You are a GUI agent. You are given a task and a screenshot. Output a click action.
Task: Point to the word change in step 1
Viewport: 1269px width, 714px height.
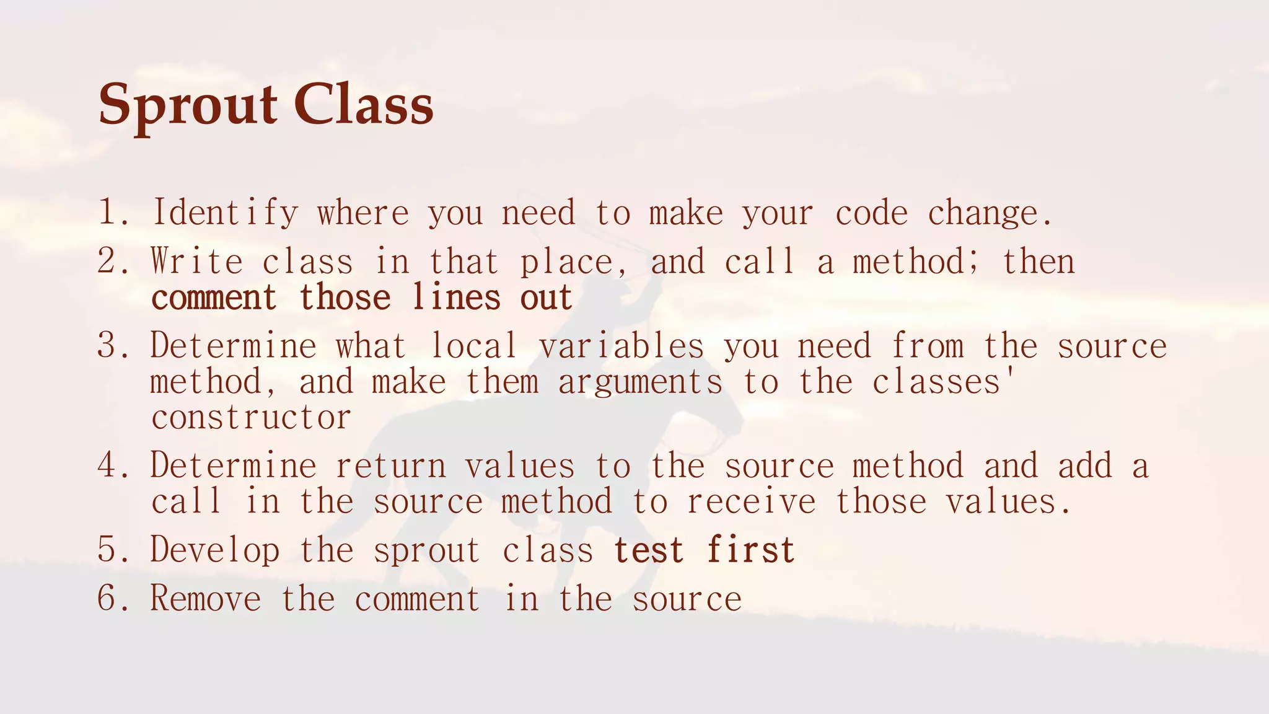pyautogui.click(x=989, y=213)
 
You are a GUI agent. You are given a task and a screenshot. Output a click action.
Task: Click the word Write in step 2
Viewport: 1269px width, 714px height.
pyautogui.click(x=196, y=261)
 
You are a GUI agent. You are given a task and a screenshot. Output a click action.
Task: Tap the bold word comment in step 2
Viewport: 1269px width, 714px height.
pyautogui.click(x=214, y=298)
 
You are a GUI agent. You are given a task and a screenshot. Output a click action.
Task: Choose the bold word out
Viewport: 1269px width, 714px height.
pyautogui.click(x=546, y=298)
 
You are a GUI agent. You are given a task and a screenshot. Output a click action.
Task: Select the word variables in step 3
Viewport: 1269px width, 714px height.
pyautogui.click(x=621, y=345)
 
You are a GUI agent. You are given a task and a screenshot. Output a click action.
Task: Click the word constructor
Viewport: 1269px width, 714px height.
pyautogui.click(x=251, y=417)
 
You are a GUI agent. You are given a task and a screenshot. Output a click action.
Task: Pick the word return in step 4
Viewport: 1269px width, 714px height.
pyautogui.click(x=390, y=465)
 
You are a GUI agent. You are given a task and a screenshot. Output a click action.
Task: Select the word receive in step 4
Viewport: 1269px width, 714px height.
pyautogui.click(x=751, y=501)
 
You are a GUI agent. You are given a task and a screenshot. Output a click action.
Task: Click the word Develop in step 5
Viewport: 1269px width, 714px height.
pyautogui.click(x=214, y=550)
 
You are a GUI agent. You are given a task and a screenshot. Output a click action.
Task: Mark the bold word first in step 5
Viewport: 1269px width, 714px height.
pyautogui.click(x=751, y=550)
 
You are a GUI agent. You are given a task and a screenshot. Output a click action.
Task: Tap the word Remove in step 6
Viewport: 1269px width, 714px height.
pyautogui.click(x=205, y=599)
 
